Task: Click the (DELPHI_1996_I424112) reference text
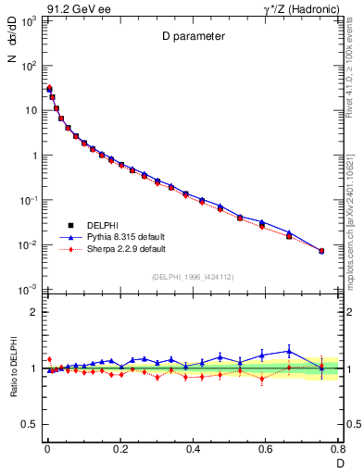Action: pyautogui.click(x=192, y=277)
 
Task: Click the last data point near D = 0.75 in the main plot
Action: pyautogui.click(x=321, y=251)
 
